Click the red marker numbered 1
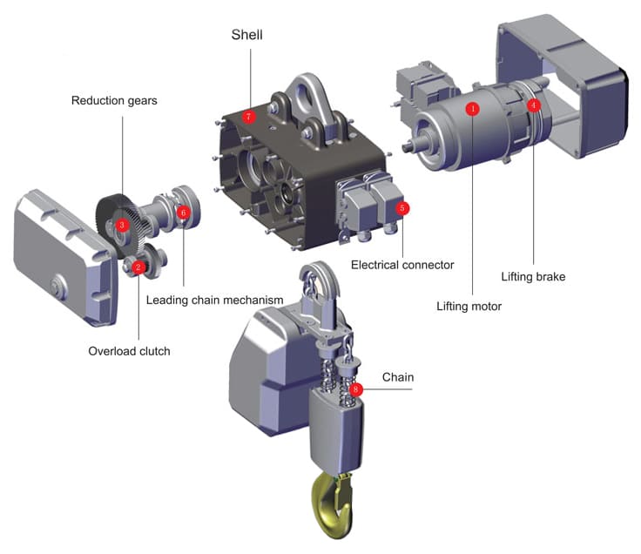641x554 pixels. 472,109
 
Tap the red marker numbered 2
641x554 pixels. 138,267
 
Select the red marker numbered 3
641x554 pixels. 123,225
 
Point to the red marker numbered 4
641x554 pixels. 534,105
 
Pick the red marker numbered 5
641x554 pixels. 401,208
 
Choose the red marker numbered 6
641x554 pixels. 183,212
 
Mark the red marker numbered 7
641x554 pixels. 249,116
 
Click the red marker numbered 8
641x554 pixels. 356,388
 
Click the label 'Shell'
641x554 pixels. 247,36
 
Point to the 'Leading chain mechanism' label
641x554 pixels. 215,301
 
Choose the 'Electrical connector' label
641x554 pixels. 402,265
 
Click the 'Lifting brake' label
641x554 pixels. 533,277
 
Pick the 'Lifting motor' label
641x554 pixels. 470,306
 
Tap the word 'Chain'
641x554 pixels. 398,377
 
